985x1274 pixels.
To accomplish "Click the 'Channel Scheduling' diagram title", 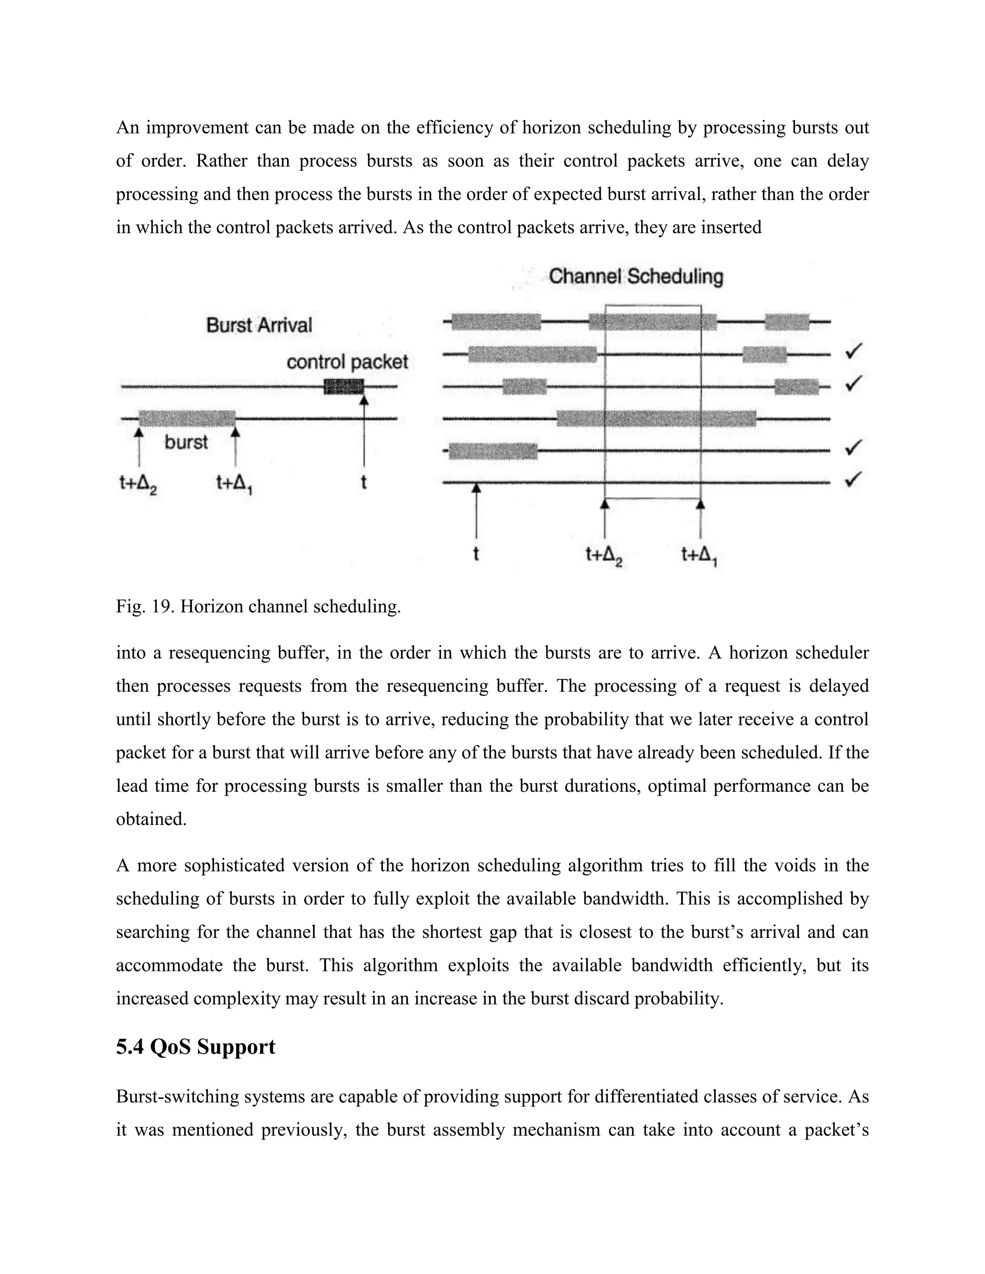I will point(635,276).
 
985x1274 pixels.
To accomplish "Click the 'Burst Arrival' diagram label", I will point(259,325).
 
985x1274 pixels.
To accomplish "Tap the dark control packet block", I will point(344,386).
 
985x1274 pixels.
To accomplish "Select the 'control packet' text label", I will point(347,362).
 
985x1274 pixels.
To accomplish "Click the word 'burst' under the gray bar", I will point(186,442).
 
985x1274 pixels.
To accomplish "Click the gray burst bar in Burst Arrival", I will point(187,418).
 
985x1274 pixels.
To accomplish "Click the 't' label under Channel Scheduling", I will point(476,553).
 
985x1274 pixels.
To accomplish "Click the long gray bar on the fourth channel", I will point(657,418).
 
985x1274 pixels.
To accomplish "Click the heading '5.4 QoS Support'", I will point(195,1047).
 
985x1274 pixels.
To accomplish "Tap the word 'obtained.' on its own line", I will point(151,819).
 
